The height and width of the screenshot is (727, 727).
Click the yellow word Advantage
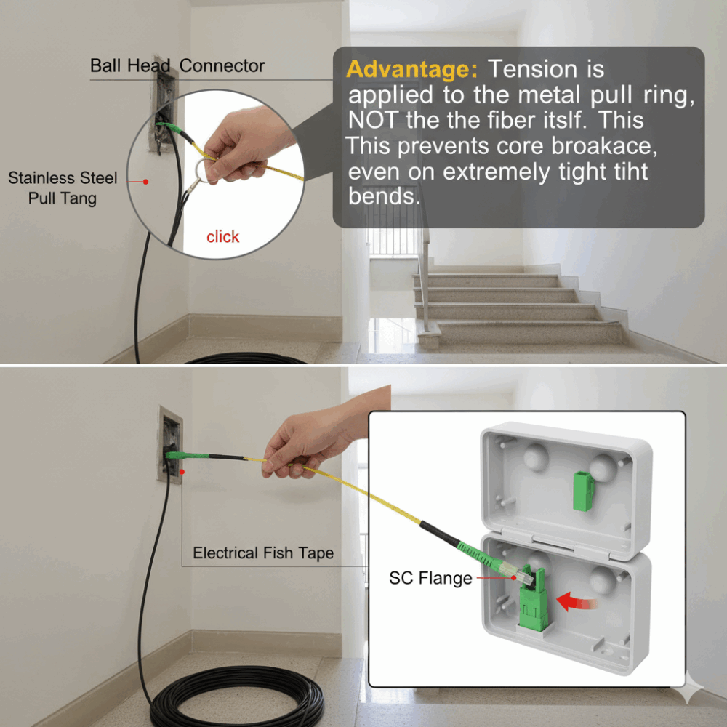411,70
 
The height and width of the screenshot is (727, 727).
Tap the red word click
222,237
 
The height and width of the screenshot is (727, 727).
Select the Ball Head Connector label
177,66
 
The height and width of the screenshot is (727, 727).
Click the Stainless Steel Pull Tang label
63,188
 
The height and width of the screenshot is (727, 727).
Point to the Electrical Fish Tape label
263,553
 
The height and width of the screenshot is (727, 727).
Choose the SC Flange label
430,578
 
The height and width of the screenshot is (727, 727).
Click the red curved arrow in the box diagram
576,602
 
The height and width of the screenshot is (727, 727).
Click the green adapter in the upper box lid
583,491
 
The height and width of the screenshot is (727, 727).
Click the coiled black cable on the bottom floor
236,701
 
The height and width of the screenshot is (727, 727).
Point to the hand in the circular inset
245,145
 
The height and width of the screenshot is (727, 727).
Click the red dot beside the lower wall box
182,472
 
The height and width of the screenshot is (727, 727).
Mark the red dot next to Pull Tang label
145,182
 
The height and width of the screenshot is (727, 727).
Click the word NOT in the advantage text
372,120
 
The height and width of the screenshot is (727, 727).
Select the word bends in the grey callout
384,196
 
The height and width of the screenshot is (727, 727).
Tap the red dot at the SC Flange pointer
514,578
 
